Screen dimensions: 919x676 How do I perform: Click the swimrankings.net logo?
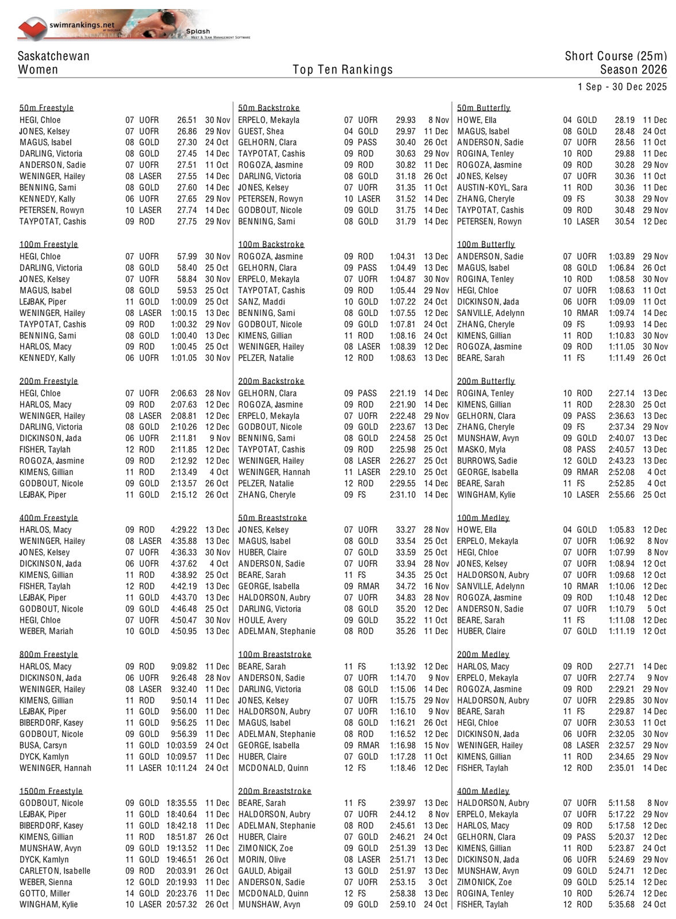point(66,26)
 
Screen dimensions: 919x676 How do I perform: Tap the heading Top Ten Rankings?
point(343,69)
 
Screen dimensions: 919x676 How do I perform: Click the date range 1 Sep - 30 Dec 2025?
point(623,87)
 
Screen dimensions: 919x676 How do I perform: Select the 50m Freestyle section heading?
point(47,108)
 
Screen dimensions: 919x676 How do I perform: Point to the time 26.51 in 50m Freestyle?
point(187,120)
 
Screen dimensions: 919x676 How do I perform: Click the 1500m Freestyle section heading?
point(51,791)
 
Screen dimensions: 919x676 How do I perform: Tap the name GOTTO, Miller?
point(45,893)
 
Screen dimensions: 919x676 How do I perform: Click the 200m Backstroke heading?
point(271,381)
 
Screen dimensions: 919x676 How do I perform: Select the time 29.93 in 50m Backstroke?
point(405,120)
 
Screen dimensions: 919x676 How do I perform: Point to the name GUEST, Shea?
point(261,132)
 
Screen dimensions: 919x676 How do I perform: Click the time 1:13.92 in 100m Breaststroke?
point(402,666)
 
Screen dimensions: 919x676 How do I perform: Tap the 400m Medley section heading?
point(483,791)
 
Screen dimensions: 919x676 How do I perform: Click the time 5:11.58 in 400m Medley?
point(621,803)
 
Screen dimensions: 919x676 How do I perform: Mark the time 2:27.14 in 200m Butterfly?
point(621,393)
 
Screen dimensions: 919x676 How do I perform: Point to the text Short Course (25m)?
point(616,56)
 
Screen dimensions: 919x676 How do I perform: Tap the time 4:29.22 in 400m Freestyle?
point(184,530)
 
